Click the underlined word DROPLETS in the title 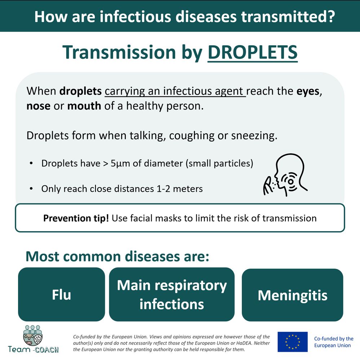[253, 52]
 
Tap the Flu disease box [61, 294]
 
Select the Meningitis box [292, 295]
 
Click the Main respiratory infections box [172, 294]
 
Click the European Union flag [292, 342]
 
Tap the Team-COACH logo [33, 339]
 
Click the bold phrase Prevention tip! [76, 218]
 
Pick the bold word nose [38, 107]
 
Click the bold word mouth [84, 107]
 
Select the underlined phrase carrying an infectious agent [175, 91]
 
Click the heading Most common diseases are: [117, 256]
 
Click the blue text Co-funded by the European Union [334, 342]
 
